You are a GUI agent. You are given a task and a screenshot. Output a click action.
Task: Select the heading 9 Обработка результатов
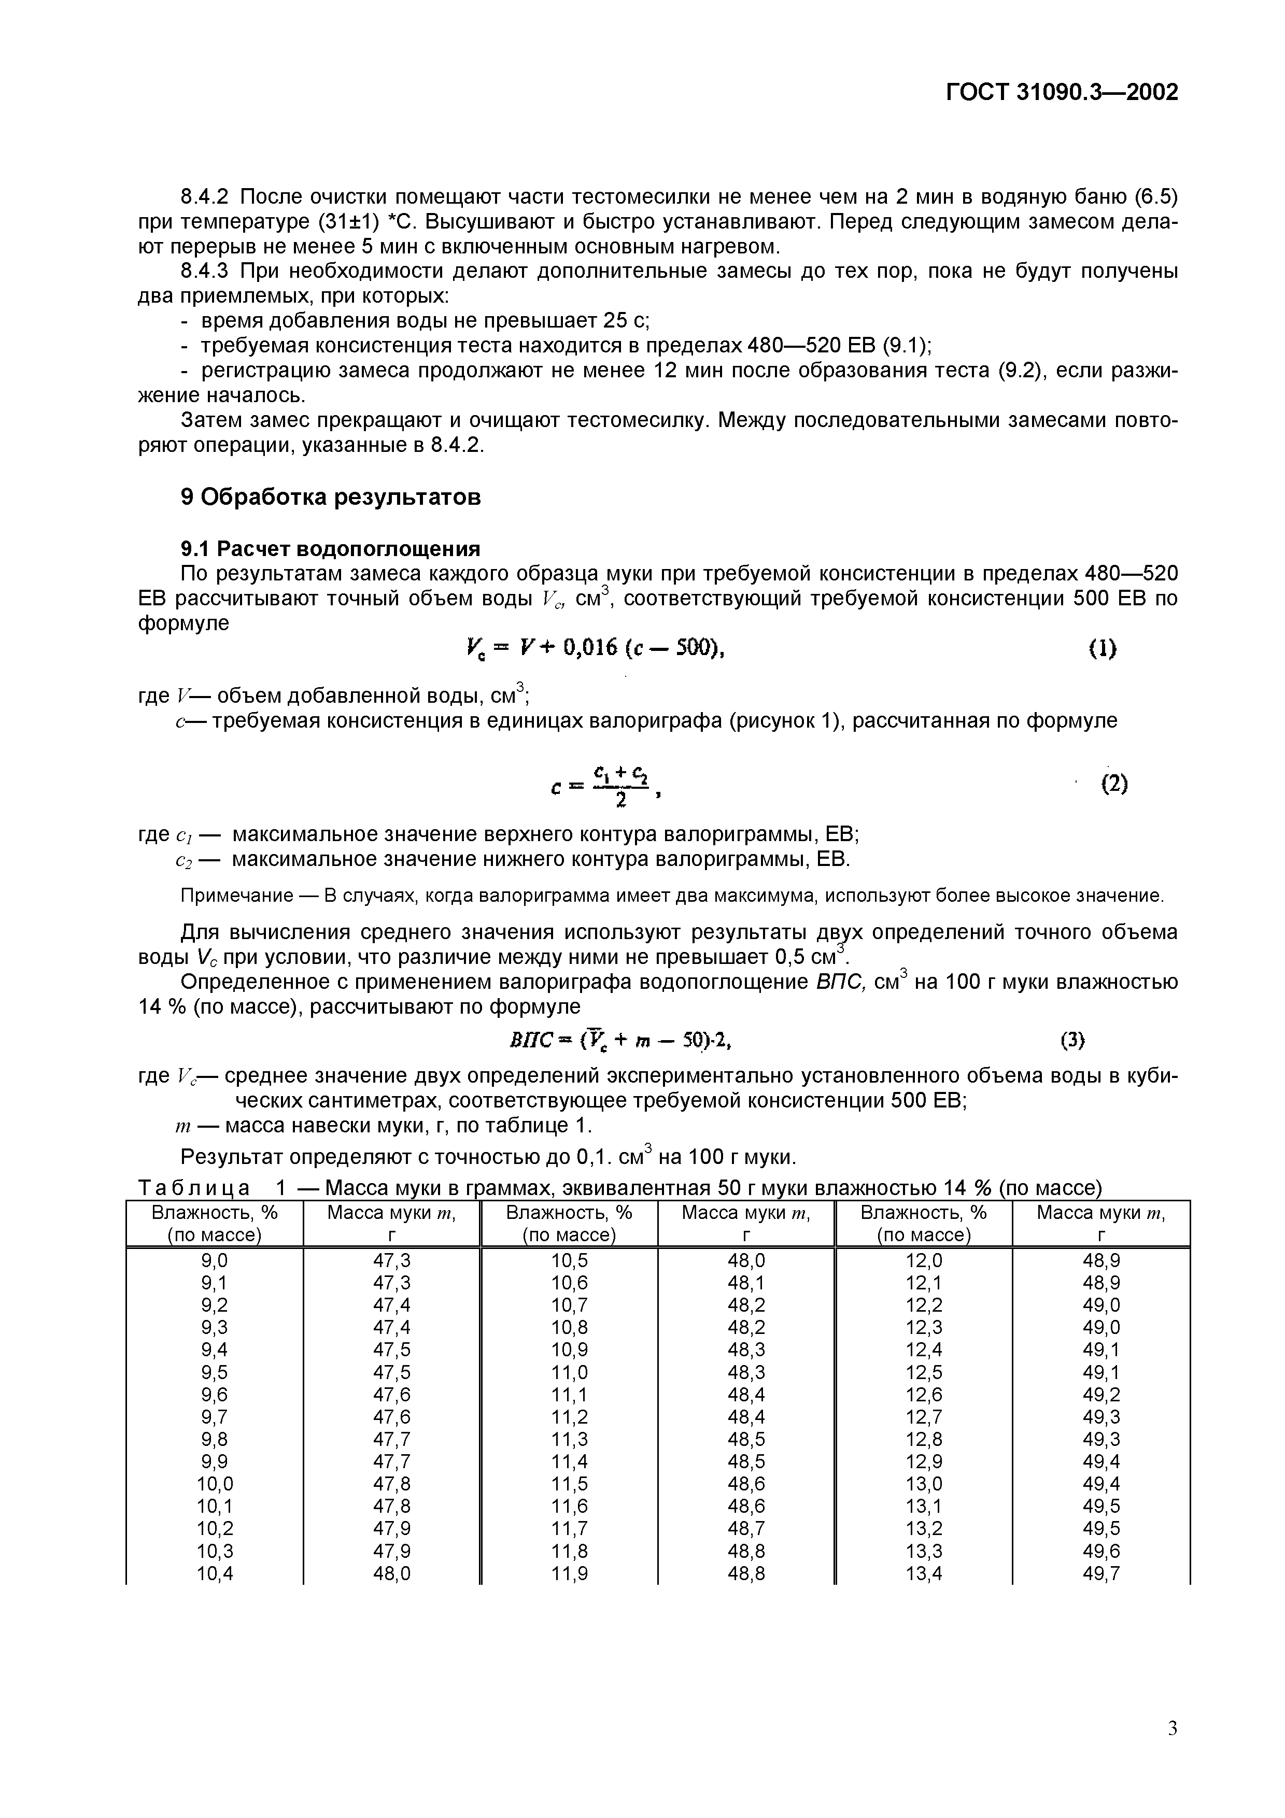(x=331, y=498)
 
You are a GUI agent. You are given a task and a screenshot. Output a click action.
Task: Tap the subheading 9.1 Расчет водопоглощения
(x=331, y=549)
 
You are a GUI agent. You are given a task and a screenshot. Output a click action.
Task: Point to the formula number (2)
(x=1114, y=784)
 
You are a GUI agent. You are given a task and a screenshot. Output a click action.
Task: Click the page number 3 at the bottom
(x=1173, y=1728)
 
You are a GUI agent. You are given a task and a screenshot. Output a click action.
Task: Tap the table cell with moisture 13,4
(x=923, y=1573)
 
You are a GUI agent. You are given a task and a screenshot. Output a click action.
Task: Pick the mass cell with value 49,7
(x=1102, y=1573)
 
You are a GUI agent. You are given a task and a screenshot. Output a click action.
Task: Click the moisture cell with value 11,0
(x=569, y=1372)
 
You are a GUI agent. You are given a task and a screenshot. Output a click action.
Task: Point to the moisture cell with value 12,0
(x=923, y=1260)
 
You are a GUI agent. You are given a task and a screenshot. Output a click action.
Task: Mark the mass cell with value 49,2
(x=1102, y=1395)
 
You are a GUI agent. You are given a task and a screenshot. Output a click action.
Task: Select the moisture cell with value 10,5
(x=569, y=1260)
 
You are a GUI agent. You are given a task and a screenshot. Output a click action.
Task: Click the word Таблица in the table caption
(x=194, y=1188)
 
